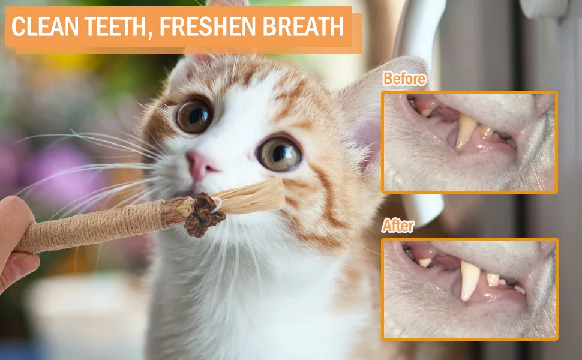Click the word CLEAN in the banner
(45, 26)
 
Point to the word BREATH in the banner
(303, 26)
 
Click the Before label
(404, 79)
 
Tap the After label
(398, 225)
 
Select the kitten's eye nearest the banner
(194, 116)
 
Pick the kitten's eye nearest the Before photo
(279, 153)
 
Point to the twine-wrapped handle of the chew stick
(93, 226)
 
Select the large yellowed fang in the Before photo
(465, 132)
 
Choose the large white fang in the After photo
(470, 280)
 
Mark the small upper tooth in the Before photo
(426, 112)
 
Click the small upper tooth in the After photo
(425, 262)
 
